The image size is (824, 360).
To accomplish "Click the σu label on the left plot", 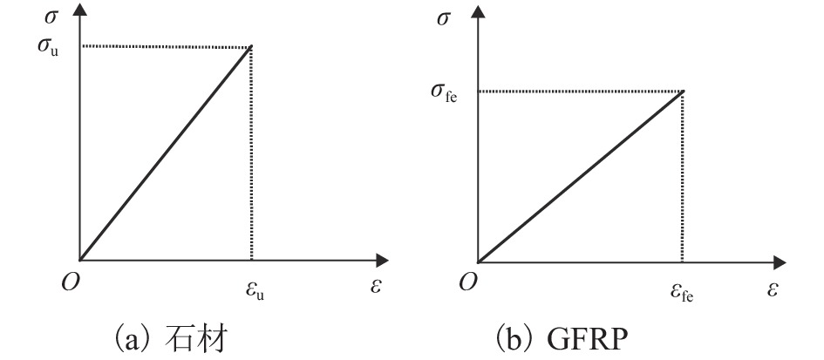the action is (x=47, y=47).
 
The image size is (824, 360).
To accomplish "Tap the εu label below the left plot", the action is (x=255, y=291).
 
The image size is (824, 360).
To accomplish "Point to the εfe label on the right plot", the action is (x=682, y=291).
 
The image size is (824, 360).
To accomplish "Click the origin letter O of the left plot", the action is (x=71, y=284).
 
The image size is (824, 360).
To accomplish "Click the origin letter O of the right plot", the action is (x=468, y=284).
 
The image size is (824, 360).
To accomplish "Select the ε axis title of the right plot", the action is (x=772, y=289).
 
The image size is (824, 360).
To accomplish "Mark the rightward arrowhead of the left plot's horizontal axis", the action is (x=382, y=260).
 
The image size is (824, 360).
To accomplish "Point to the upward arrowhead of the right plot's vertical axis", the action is (x=478, y=10).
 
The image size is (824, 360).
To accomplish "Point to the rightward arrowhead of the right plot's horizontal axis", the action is (x=780, y=262).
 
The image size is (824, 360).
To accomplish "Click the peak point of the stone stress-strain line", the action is (x=252, y=46).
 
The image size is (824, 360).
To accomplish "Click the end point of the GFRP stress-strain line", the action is (x=683, y=91).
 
